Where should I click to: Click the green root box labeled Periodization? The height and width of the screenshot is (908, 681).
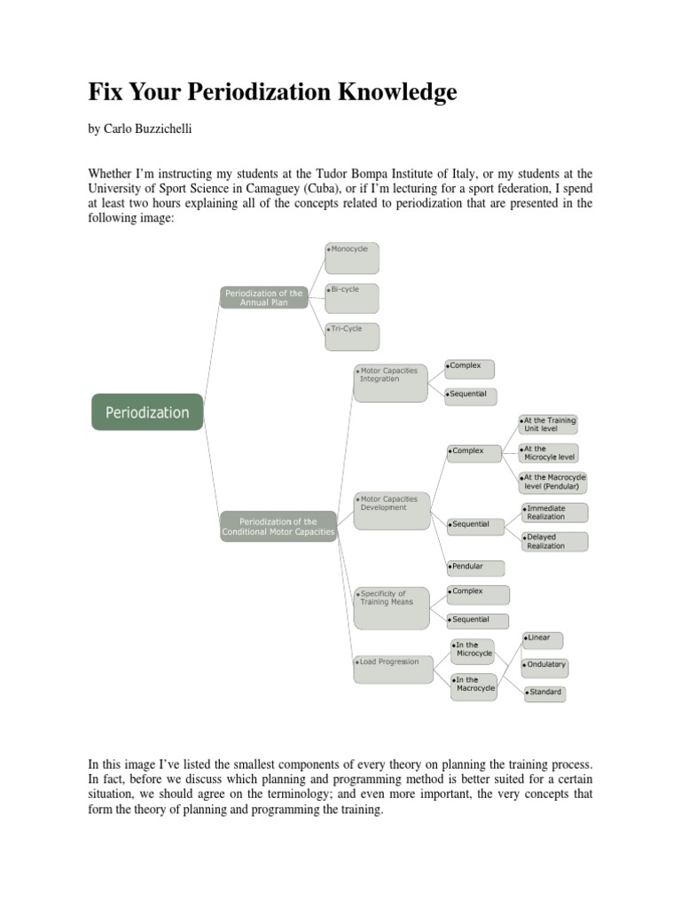coord(147,412)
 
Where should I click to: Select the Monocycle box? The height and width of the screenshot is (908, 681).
coord(352,257)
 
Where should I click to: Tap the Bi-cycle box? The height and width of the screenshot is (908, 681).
coord(352,298)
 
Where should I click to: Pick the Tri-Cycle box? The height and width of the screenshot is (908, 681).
coord(352,336)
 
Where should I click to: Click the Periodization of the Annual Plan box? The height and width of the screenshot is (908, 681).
coord(264,297)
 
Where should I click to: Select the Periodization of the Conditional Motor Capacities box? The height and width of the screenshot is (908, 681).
coord(278,527)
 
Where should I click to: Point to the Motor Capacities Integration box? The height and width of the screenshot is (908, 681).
coord(390,383)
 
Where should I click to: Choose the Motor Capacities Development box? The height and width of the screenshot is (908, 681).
coord(390,512)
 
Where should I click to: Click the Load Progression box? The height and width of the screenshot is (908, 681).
coord(390,669)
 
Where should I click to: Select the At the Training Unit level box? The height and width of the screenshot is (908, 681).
coord(549,424)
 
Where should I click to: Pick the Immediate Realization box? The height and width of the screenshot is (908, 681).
coord(554,513)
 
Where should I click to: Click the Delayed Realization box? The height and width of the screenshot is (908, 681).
coord(554,542)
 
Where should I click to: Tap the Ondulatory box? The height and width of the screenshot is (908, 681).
coord(545,665)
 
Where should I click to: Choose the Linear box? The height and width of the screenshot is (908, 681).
coord(543,638)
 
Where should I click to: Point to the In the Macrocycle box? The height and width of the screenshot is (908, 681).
coord(474,685)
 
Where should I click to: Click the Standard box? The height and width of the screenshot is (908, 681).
coord(544,692)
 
